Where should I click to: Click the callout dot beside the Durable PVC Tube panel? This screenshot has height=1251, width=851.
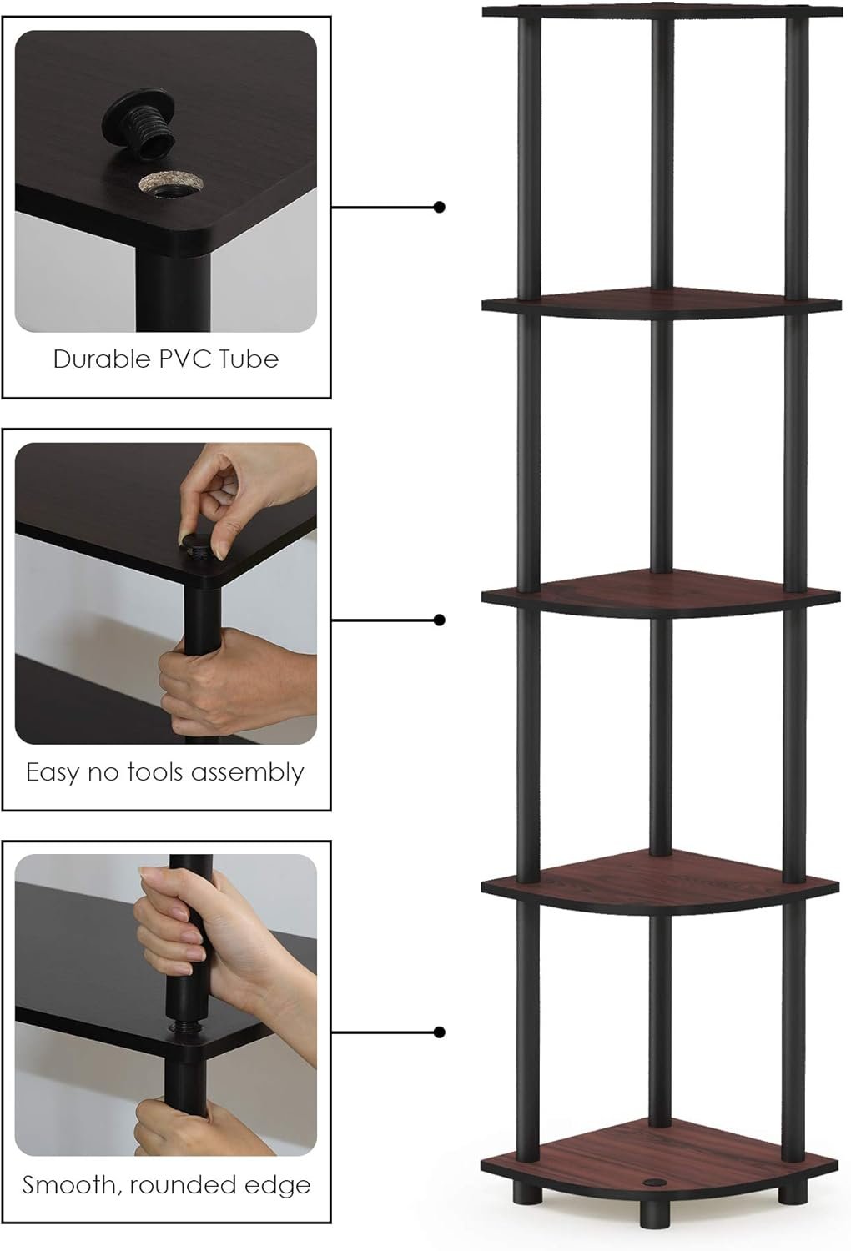[x=440, y=207]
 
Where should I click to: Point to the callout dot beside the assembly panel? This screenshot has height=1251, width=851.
[x=440, y=620]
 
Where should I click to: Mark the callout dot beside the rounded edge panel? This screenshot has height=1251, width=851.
[x=440, y=1032]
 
